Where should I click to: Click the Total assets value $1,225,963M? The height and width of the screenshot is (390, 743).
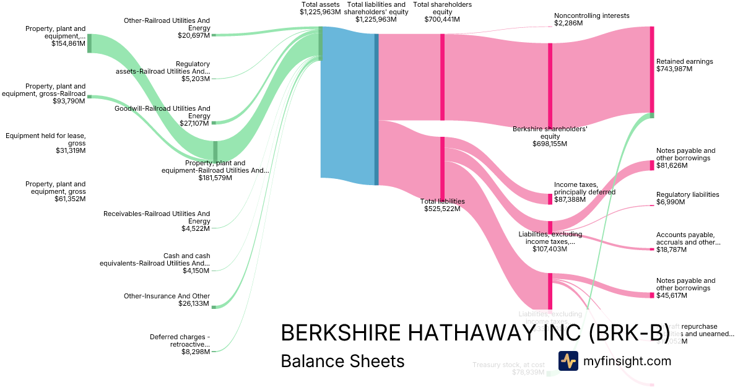click(x=319, y=12)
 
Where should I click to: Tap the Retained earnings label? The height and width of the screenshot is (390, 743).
click(x=684, y=61)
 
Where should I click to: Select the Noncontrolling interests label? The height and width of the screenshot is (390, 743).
click(x=591, y=15)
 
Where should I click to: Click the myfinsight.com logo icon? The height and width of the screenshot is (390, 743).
click(x=568, y=361)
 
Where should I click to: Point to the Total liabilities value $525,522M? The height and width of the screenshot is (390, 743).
click(x=442, y=209)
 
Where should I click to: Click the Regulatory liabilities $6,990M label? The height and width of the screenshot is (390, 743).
click(x=687, y=194)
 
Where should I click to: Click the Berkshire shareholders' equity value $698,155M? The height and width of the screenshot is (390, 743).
click(x=549, y=144)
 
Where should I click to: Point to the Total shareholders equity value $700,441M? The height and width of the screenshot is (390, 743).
click(x=442, y=19)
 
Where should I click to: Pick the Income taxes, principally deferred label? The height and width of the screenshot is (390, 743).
click(x=584, y=188)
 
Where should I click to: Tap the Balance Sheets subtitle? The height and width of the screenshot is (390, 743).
click(x=342, y=361)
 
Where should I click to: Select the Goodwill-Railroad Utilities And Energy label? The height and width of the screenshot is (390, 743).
click(x=162, y=112)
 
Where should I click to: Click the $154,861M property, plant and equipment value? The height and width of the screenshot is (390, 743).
click(x=69, y=43)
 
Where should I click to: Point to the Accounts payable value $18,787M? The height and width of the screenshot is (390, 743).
click(x=674, y=249)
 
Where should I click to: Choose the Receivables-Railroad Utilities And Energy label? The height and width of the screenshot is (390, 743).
click(x=157, y=217)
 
